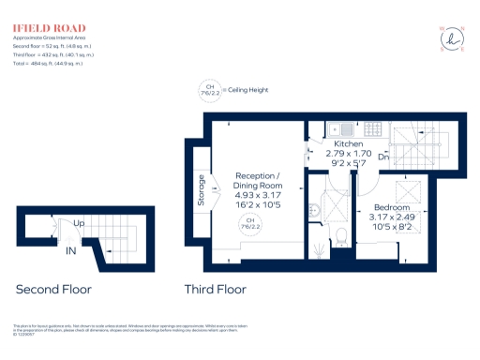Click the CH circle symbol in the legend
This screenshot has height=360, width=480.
tap(207, 92)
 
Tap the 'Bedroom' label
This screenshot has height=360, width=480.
tap(391, 207)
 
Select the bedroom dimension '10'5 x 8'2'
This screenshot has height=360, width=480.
tap(391, 225)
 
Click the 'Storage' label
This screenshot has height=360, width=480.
tap(202, 188)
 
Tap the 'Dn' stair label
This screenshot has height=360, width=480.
tap(383, 157)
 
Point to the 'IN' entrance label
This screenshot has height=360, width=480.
tap(70, 251)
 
